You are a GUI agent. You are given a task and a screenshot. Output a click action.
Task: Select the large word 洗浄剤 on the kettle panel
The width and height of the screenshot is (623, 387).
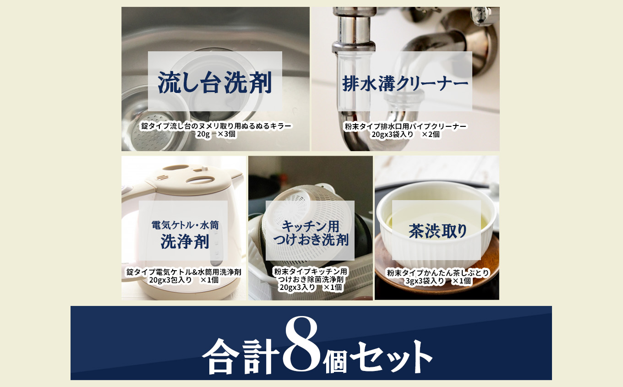tap(185, 241)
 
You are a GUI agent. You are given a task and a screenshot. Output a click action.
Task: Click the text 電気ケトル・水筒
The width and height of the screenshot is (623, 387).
tap(185, 225)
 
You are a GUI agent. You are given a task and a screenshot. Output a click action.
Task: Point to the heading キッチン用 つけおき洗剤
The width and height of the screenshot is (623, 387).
tap(310, 232)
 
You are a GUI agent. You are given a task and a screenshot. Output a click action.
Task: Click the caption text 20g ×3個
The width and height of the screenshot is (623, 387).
tap(216, 135)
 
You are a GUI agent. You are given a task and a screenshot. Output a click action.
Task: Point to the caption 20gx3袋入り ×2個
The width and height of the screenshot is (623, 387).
tap(405, 135)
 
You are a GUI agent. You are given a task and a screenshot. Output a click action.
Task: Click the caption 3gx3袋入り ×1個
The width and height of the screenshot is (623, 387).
tap(437, 281)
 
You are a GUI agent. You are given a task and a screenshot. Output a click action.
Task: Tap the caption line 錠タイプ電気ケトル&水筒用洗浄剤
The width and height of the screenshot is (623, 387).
tap(184, 272)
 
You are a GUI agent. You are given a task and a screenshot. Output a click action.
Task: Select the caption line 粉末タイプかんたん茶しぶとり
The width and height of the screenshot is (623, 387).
tap(437, 273)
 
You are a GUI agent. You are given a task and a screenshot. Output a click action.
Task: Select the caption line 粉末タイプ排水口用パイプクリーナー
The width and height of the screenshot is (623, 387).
tap(405, 126)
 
